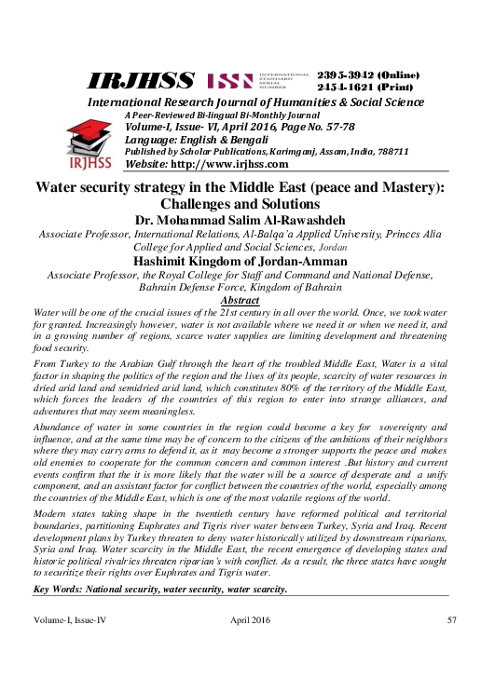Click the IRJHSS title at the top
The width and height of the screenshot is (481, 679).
142,81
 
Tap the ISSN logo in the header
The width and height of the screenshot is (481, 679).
228,81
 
